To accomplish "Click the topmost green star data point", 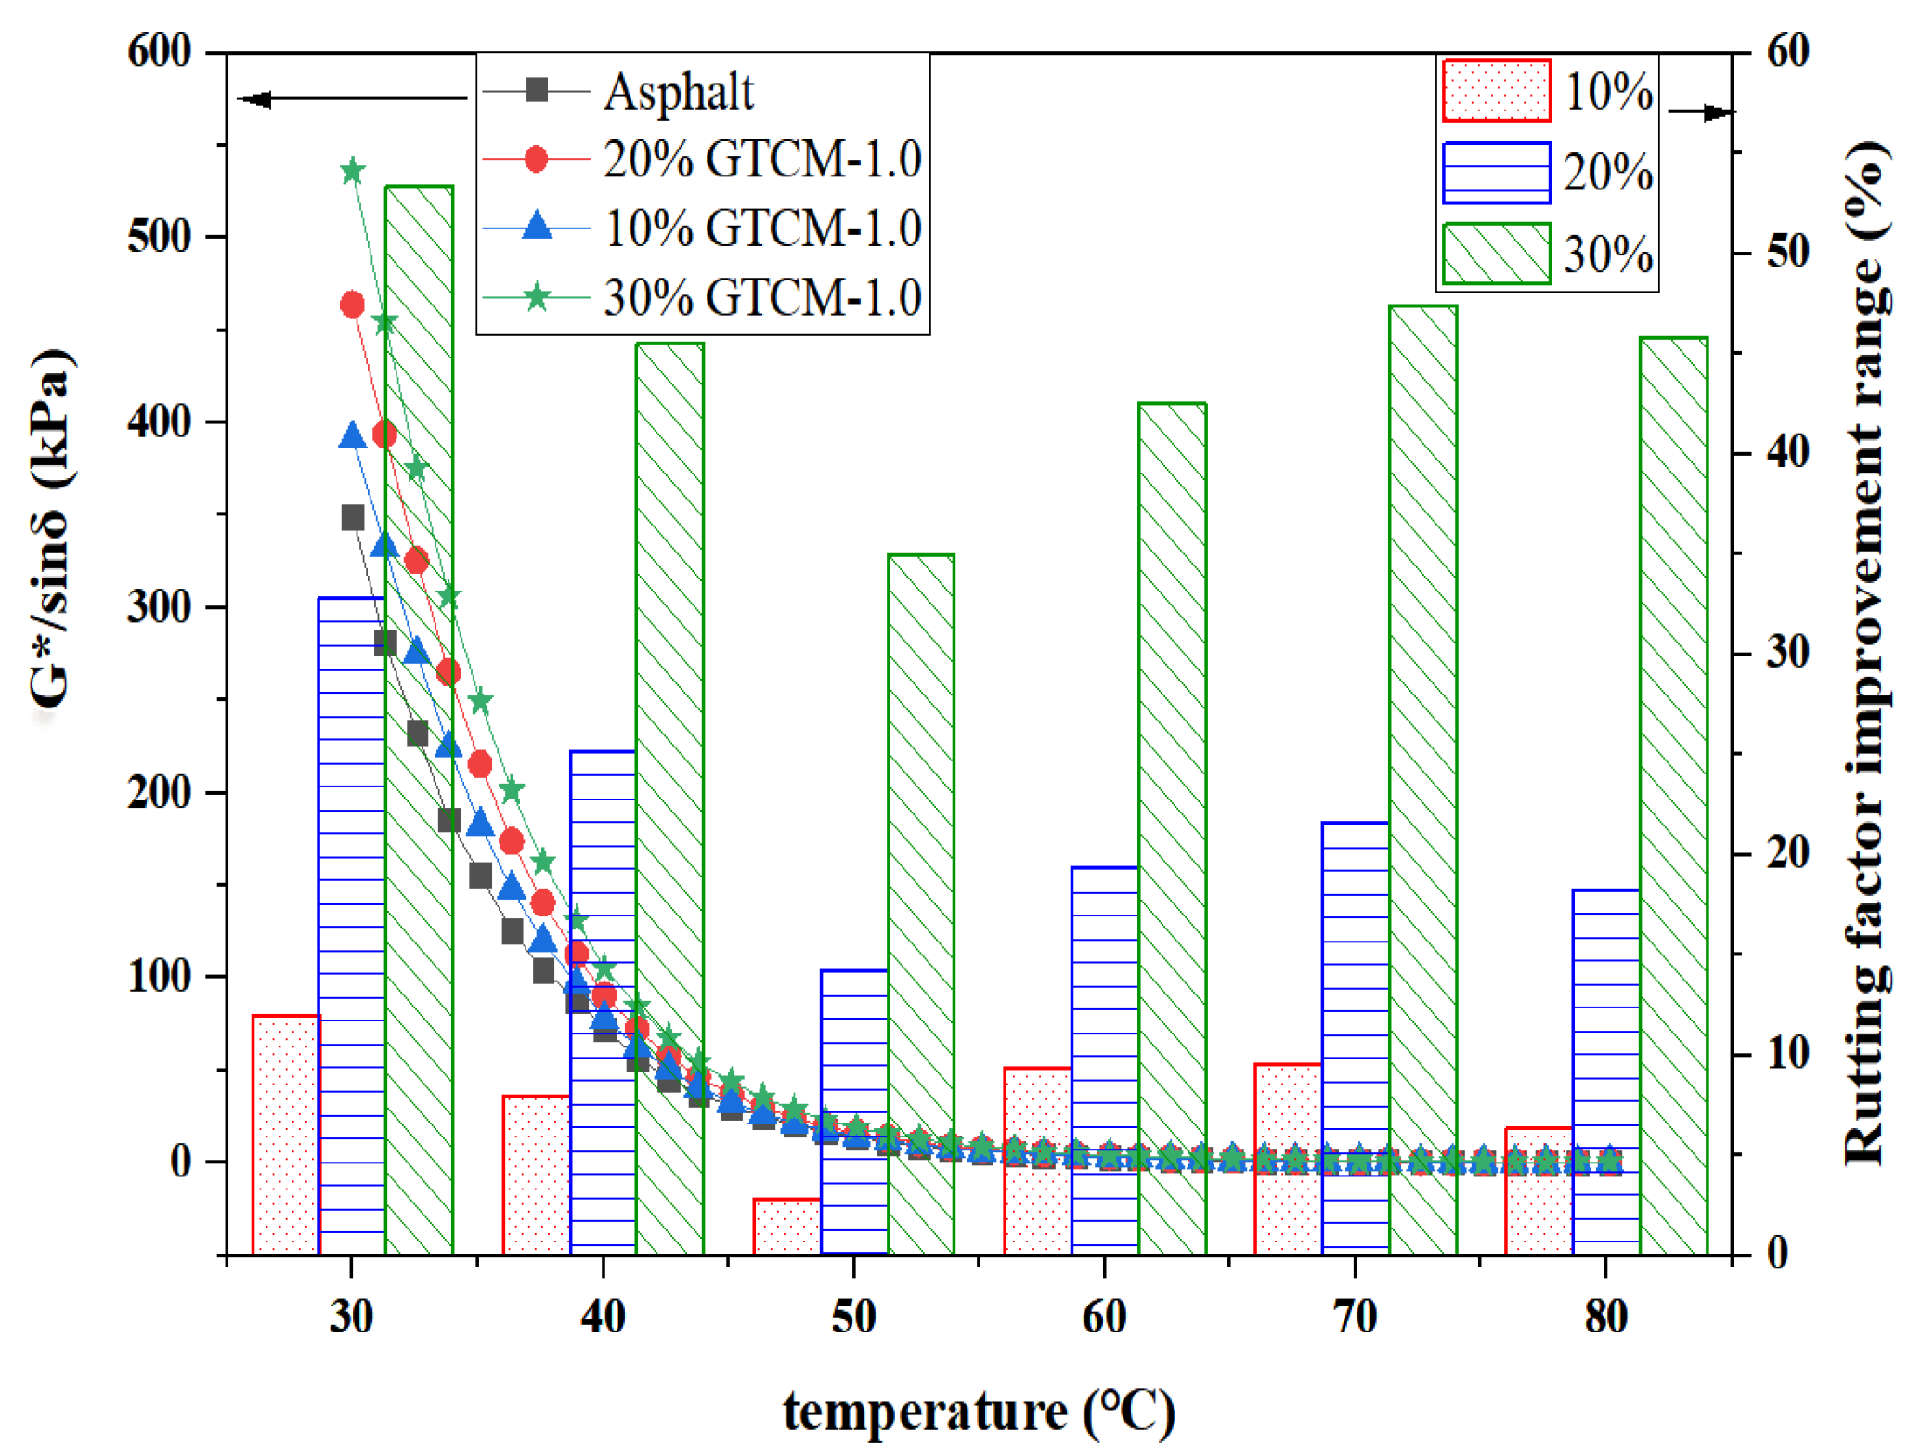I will pos(352,172).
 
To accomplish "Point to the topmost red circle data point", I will pos(352,305).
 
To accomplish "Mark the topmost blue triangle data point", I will pos(352,436).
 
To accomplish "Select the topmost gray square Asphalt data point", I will pos(353,518).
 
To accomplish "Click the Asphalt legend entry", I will pos(678,91).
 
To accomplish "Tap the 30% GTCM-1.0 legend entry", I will pos(761,298).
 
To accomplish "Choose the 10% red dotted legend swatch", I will pos(1497,91).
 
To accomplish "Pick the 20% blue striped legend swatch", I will pos(1497,173).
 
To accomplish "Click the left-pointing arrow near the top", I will pos(255,98).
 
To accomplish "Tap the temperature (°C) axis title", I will pos(979,1413).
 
